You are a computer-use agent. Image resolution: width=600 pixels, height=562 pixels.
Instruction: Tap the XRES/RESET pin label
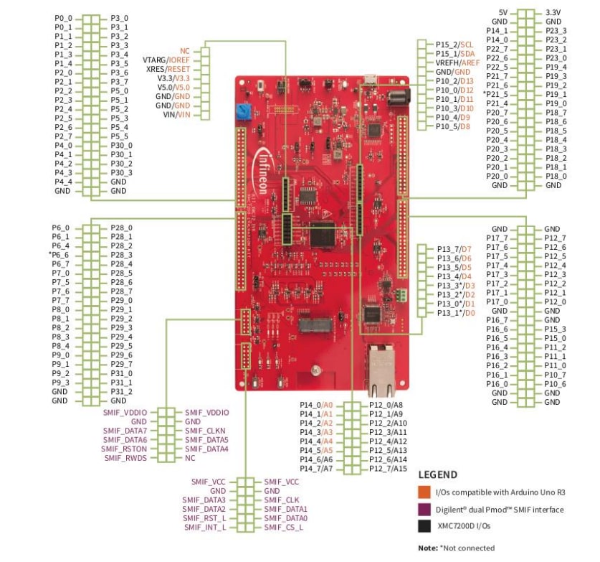(x=166, y=69)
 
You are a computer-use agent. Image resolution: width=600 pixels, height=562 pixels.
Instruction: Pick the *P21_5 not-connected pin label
(x=495, y=95)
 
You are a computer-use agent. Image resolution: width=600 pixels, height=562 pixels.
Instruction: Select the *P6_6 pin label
(x=60, y=255)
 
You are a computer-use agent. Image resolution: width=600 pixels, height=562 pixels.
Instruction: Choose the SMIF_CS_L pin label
(x=284, y=528)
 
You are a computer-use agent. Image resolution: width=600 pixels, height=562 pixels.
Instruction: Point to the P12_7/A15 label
(x=388, y=469)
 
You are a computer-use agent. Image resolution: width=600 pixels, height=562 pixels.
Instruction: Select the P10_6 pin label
(x=555, y=384)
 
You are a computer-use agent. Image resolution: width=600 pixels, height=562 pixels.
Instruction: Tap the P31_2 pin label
(x=121, y=391)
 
